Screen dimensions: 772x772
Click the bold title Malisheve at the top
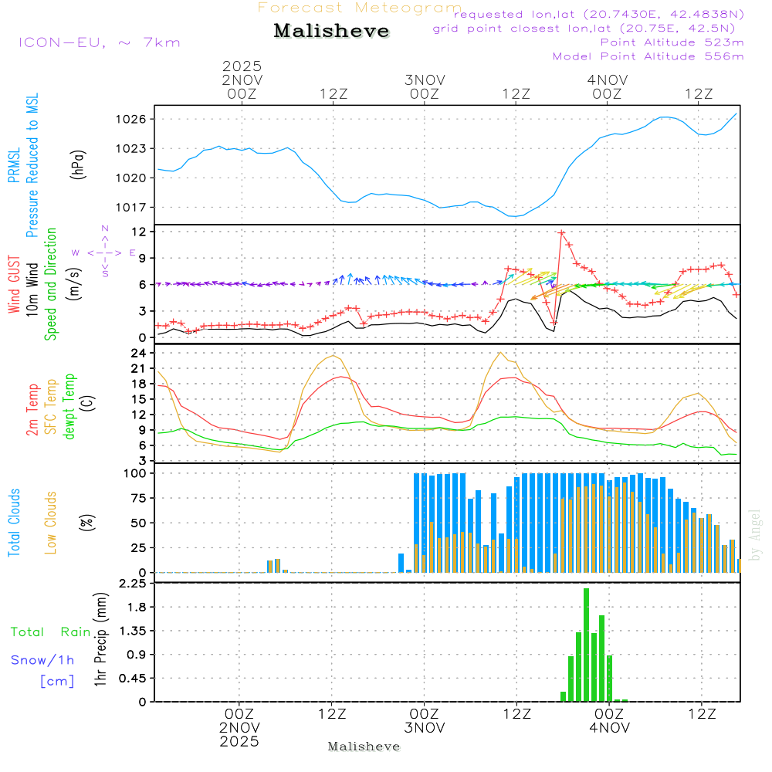click(x=331, y=31)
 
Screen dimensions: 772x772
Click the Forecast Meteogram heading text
click(x=360, y=8)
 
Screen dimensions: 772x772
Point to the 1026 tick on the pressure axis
click(x=133, y=119)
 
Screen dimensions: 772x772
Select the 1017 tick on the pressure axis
click(x=133, y=207)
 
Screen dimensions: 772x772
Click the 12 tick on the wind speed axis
click(x=139, y=232)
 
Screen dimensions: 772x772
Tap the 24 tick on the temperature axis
click(x=139, y=353)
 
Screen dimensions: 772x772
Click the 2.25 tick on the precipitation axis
click(x=133, y=584)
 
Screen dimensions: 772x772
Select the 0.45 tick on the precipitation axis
click(x=133, y=679)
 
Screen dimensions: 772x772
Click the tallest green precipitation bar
click(x=587, y=645)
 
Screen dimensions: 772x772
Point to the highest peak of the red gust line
click(x=562, y=232)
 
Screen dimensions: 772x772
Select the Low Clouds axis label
click(x=51, y=522)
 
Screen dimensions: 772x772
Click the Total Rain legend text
click(x=51, y=632)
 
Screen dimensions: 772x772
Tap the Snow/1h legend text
click(x=42, y=660)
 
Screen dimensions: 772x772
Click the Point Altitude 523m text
click(x=672, y=42)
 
